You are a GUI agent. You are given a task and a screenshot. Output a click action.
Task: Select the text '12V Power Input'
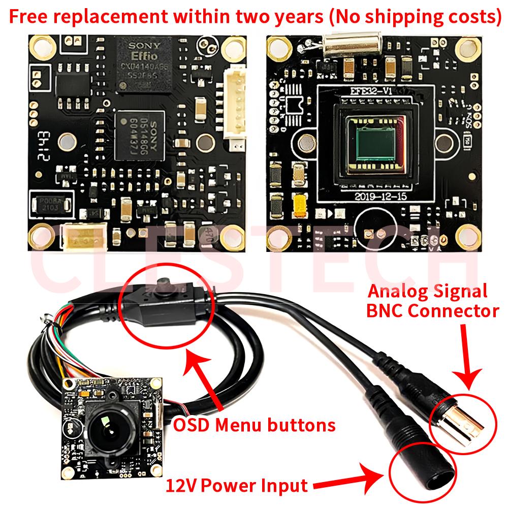pos(237,485)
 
